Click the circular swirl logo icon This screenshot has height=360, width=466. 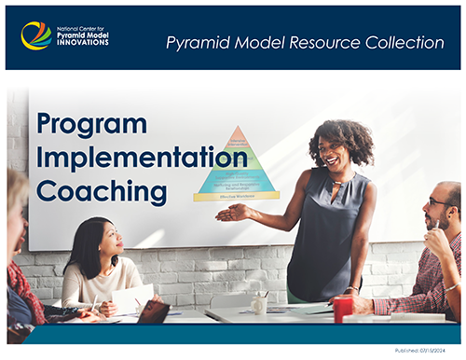[x=36, y=35]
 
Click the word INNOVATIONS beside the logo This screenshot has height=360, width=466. [x=84, y=43]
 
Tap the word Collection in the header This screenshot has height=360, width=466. [x=403, y=42]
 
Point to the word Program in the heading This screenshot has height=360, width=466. [x=91, y=124]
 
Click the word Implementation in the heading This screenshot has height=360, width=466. [x=141, y=158]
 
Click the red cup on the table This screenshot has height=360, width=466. [x=343, y=308]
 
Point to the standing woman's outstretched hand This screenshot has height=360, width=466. [x=227, y=213]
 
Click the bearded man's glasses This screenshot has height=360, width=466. [x=437, y=201]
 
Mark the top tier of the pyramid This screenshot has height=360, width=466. [x=237, y=136]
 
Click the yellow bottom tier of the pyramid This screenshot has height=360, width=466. [x=237, y=196]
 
